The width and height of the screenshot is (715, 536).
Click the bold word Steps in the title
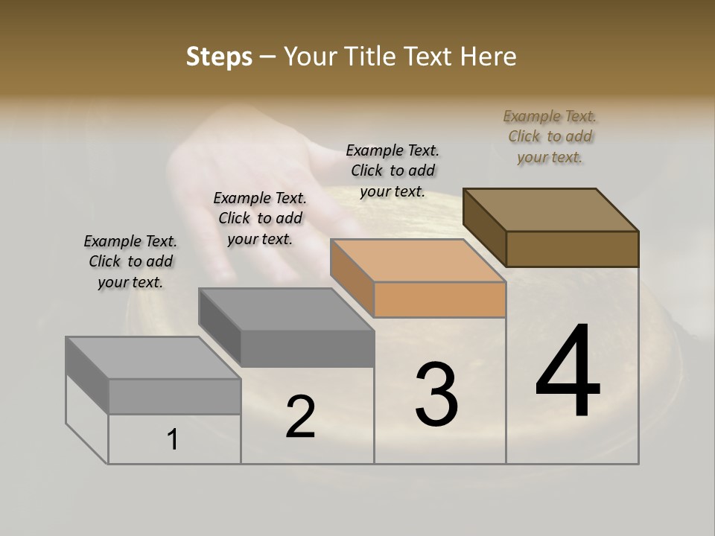click(219, 57)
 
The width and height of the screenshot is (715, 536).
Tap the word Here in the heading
click(489, 57)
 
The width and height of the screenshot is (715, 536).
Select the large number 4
click(568, 372)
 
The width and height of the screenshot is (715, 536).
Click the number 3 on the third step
click(436, 395)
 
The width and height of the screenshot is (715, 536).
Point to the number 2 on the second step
click(300, 417)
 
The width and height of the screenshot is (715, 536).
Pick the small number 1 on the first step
click(172, 440)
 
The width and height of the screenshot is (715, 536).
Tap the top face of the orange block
click(417, 261)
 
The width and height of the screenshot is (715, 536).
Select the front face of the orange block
click(439, 300)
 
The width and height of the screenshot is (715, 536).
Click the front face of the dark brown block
click(572, 249)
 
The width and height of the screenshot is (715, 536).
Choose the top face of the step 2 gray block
click(286, 310)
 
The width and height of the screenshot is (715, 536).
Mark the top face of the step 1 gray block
click(153, 358)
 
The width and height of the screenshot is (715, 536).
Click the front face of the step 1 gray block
click(174, 396)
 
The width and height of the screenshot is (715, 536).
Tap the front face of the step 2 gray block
click(307, 348)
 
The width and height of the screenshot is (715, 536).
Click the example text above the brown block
click(550, 136)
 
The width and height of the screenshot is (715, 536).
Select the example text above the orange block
click(393, 170)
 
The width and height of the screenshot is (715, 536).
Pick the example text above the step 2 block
click(260, 218)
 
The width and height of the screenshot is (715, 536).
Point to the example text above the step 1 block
click(130, 261)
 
